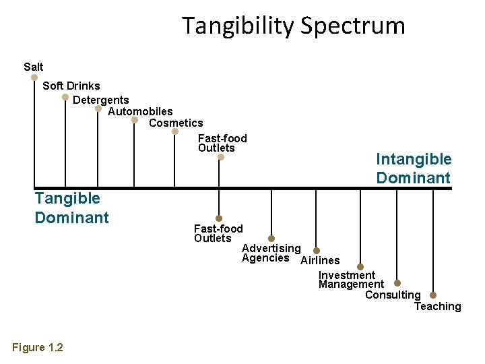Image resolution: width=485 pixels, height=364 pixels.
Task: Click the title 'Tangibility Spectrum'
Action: click(294, 26)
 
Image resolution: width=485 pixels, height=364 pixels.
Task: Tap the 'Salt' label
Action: click(33, 67)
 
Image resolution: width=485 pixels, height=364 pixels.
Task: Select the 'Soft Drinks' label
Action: click(71, 86)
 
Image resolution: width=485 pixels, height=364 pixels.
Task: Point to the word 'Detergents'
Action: click(101, 100)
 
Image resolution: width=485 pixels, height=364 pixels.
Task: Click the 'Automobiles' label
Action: click(140, 111)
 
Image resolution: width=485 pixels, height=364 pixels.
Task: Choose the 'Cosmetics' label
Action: click(176, 123)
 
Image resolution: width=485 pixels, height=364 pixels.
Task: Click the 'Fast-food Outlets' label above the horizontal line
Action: click(222, 143)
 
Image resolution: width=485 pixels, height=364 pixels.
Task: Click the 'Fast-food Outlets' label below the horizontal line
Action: click(218, 233)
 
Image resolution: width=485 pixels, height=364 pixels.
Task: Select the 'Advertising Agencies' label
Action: click(271, 253)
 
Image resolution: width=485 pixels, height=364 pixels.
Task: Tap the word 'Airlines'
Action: click(320, 261)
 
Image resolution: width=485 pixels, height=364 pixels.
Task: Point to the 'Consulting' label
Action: click(393, 295)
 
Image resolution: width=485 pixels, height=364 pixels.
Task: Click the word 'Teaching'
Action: click(437, 307)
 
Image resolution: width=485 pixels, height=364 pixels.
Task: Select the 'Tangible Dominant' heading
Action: click(71, 208)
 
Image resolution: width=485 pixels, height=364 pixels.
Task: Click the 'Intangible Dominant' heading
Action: click(414, 169)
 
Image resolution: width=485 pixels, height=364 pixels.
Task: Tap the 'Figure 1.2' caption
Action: click(38, 348)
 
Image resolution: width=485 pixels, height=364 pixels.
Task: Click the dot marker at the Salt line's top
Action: click(34, 78)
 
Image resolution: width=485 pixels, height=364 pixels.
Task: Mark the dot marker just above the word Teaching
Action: click(433, 295)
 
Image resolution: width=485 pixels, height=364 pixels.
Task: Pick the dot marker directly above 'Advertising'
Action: click(271, 239)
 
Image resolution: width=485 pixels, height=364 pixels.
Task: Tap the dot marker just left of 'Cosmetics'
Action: click(135, 121)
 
